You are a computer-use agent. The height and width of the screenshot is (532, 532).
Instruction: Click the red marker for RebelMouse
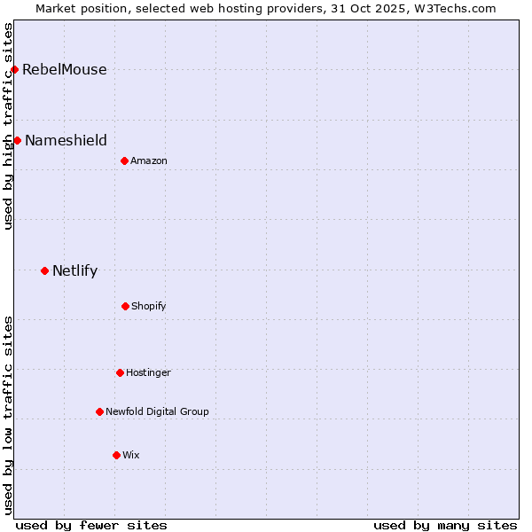point(14,69)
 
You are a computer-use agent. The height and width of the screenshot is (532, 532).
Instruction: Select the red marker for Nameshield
point(17,140)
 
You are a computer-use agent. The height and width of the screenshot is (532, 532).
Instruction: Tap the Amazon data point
point(124,160)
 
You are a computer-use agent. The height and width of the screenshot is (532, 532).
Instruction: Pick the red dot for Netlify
point(44,270)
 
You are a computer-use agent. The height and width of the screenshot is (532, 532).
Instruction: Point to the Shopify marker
point(125,306)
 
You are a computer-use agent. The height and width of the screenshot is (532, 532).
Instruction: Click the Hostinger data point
point(120,372)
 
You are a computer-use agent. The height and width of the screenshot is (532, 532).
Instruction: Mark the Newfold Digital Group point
point(99,411)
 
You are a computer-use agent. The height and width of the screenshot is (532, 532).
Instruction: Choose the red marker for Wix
point(116,455)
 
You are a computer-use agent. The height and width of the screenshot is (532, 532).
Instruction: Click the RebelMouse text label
point(64,69)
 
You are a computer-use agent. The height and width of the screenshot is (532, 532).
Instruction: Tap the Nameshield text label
point(66,140)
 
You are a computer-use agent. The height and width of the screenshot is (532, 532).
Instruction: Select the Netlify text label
point(74,270)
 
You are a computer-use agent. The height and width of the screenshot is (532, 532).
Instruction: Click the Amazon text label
point(149,160)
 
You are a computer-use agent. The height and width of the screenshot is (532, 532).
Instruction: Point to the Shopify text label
point(149,306)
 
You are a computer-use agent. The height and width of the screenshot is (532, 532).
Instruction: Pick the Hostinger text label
point(148,372)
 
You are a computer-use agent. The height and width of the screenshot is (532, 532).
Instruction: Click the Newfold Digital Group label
point(157,411)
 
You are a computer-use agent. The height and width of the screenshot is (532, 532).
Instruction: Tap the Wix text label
point(131,455)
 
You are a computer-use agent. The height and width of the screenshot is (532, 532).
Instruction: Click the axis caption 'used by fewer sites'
point(91,525)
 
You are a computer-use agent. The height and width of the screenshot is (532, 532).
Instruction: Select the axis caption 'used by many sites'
point(445,525)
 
